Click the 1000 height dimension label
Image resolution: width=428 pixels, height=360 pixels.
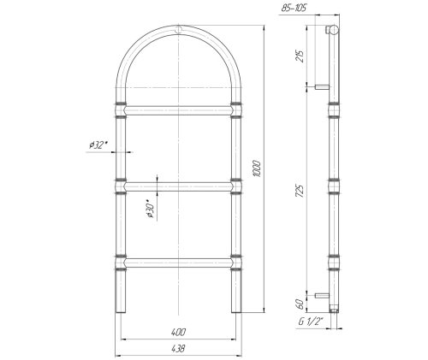click(257, 168)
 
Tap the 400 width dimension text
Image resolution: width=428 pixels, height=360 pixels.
click(178, 332)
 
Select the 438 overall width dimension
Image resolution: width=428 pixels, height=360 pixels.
click(178, 348)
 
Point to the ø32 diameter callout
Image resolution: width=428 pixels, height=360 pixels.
click(98, 145)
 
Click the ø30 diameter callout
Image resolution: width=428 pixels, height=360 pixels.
click(151, 209)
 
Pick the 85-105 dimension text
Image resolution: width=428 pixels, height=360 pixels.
click(294, 8)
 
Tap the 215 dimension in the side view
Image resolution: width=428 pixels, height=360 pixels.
click(300, 56)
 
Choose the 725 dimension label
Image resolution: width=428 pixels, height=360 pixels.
click(300, 191)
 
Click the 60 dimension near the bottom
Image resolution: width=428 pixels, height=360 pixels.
click(300, 304)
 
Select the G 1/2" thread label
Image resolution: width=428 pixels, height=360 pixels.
click(311, 322)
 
